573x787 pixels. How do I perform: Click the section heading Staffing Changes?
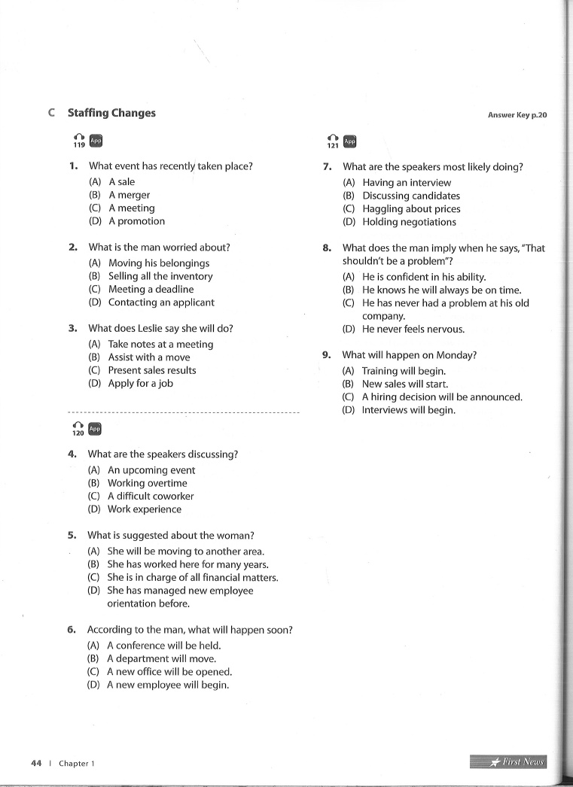click(111, 113)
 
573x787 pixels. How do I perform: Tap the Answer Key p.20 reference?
click(517, 115)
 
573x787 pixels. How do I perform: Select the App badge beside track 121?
click(349, 141)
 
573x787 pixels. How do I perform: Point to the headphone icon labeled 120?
click(78, 429)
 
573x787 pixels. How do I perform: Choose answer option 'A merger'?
click(129, 195)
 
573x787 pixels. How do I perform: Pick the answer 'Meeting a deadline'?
click(151, 289)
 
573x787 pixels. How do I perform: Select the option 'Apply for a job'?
click(140, 383)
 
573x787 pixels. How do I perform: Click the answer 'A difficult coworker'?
click(151, 496)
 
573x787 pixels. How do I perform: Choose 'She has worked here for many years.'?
click(187, 564)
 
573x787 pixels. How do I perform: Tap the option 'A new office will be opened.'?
click(169, 672)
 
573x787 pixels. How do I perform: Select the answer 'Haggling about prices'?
click(411, 209)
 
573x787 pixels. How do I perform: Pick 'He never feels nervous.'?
click(413, 329)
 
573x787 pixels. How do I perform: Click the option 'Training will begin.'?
click(404, 371)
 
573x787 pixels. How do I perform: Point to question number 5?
click(72, 536)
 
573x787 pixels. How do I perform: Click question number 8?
click(327, 248)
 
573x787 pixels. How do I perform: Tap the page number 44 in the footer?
click(36, 763)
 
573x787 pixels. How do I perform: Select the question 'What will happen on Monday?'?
click(410, 355)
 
